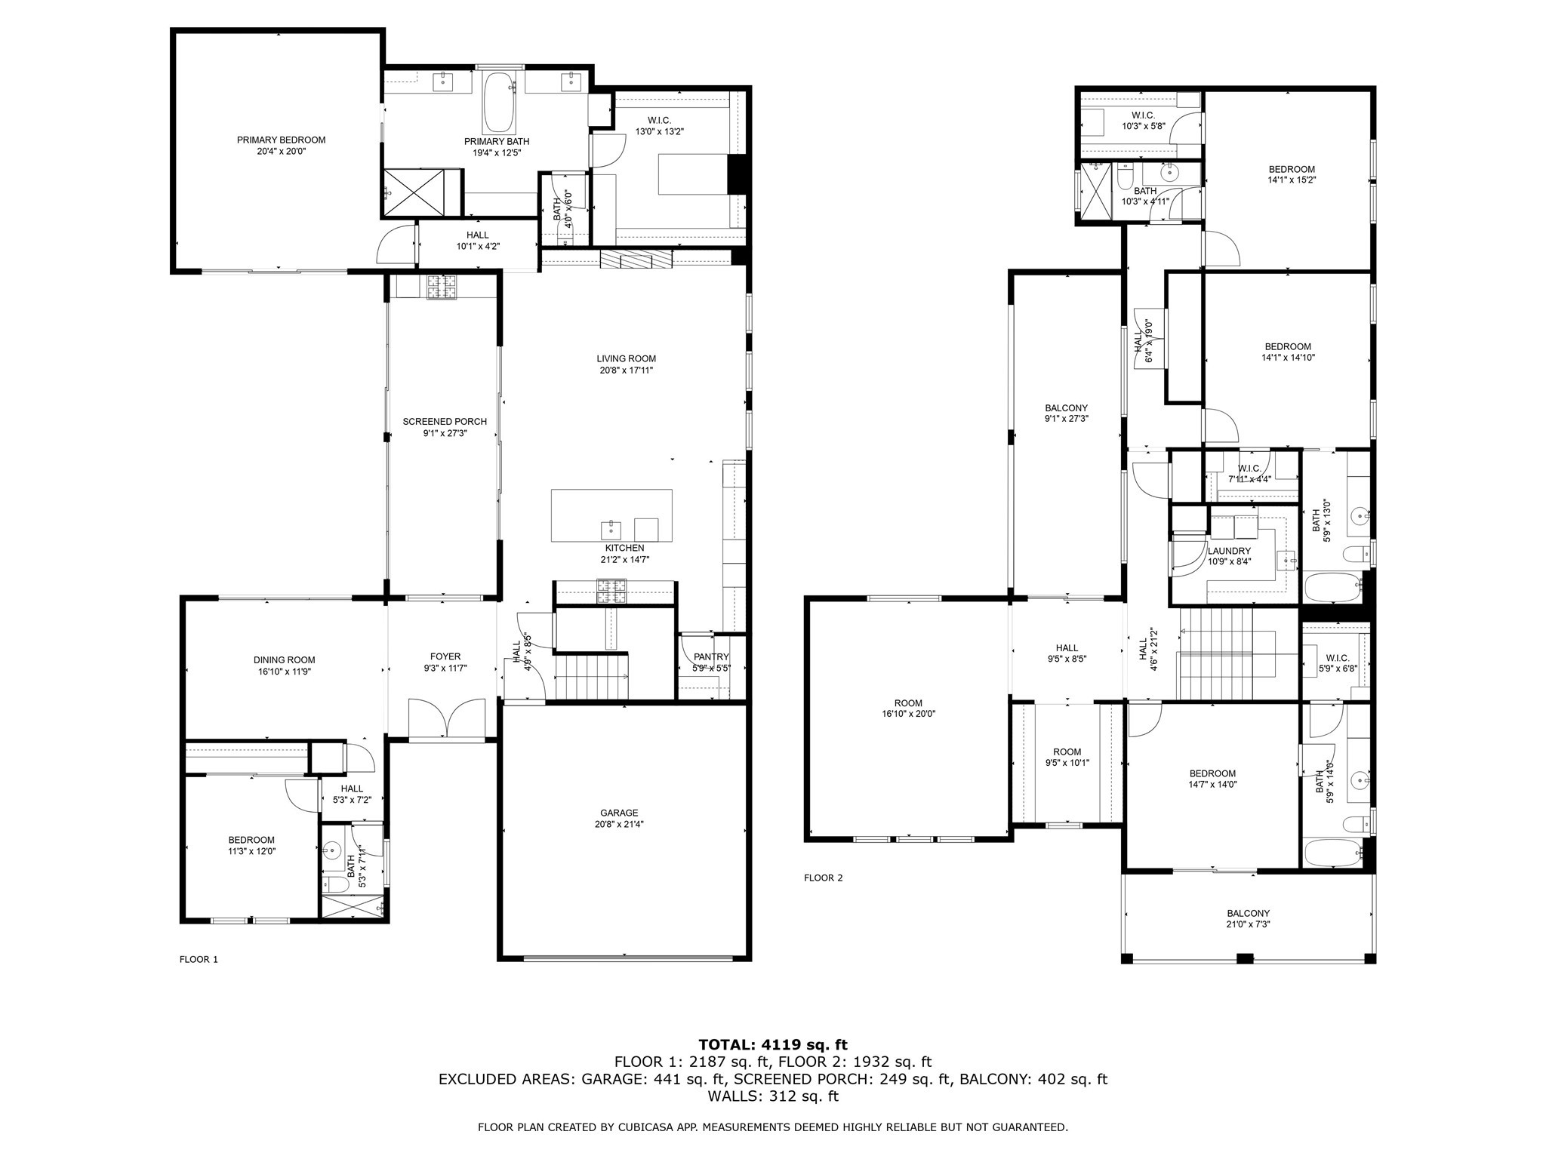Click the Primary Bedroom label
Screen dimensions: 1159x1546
pos(281,140)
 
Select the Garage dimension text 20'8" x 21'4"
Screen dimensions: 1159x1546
pos(619,825)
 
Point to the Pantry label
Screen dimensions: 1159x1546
pos(711,657)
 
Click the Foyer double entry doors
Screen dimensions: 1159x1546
pos(447,718)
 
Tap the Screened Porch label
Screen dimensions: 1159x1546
pos(445,422)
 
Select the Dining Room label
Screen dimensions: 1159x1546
pos(284,660)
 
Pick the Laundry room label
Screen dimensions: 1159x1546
pos(1229,552)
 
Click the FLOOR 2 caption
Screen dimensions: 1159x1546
pos(823,878)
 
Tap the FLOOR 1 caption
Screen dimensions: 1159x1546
pos(199,960)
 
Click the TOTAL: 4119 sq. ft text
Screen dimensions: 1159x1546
pos(773,1045)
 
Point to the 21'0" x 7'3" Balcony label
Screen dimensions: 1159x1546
pos(1248,913)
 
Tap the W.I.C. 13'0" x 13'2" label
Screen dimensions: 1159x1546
pos(659,121)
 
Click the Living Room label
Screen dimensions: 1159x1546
pos(626,359)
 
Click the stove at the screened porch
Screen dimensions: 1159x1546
pos(442,287)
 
